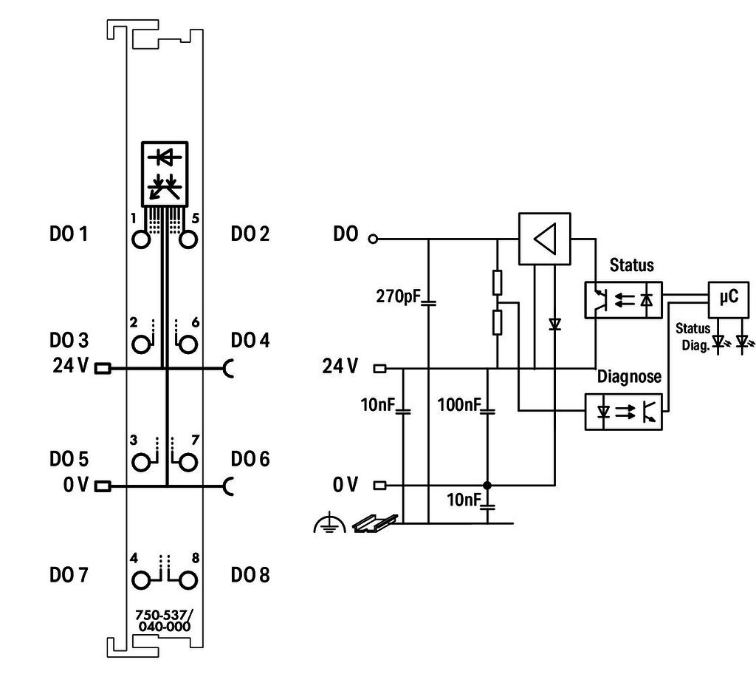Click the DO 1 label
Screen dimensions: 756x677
click(x=69, y=234)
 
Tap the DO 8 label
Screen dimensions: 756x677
click(x=250, y=575)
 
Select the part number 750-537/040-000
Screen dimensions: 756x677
click(x=164, y=621)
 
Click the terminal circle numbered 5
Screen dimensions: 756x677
click(x=188, y=239)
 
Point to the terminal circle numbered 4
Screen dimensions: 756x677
click(x=141, y=580)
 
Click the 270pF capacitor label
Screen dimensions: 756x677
click(x=399, y=296)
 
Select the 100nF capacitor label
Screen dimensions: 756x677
click(x=459, y=404)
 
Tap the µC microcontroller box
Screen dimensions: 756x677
click(x=728, y=299)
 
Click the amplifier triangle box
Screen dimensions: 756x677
click(x=544, y=239)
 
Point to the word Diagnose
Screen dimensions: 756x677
click(x=629, y=376)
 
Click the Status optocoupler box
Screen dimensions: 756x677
click(x=623, y=300)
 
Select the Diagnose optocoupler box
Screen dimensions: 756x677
click(x=623, y=412)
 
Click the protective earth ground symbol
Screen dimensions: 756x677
click(x=329, y=523)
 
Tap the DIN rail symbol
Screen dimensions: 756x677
click(x=375, y=523)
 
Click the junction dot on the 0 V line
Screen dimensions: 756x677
click(x=487, y=485)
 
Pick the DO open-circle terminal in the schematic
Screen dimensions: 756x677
click(x=373, y=239)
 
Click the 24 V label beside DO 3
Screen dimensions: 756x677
click(x=70, y=366)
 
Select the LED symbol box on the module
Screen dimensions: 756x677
click(x=165, y=174)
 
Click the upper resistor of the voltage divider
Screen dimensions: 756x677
click(x=498, y=283)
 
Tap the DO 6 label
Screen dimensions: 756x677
click(x=250, y=459)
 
